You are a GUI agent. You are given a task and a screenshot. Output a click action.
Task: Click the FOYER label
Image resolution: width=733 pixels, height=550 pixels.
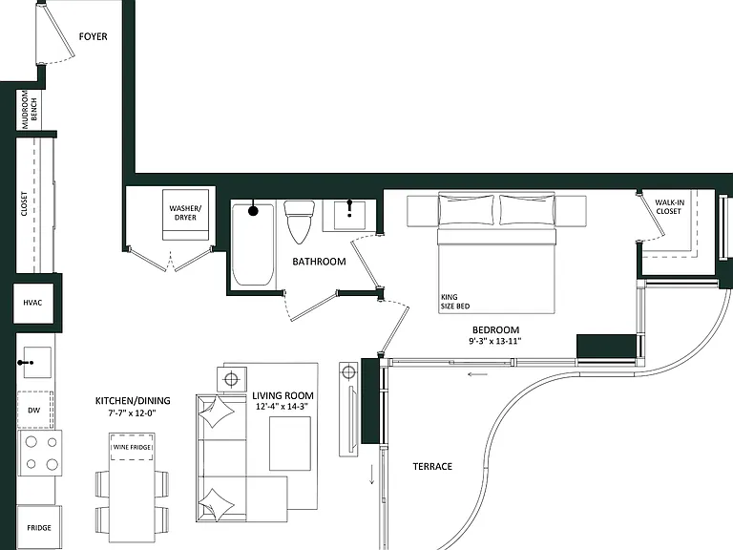click(x=93, y=36)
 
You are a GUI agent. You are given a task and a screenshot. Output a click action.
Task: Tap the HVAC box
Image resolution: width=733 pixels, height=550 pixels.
click(x=32, y=303)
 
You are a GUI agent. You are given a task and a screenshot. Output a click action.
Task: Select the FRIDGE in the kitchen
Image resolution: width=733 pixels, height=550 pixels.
click(x=39, y=527)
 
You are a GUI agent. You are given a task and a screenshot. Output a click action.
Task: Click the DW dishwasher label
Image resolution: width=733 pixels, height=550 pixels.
click(x=33, y=411)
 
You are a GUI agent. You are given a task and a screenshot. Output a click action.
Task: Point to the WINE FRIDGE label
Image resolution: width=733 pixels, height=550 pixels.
click(x=133, y=447)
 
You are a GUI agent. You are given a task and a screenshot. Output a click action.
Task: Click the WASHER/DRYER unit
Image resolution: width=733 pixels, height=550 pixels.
click(x=185, y=215)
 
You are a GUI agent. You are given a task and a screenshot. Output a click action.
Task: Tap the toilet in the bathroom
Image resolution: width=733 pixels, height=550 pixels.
click(x=299, y=222)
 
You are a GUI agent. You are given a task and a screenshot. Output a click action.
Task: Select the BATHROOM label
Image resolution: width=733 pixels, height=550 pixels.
click(x=320, y=262)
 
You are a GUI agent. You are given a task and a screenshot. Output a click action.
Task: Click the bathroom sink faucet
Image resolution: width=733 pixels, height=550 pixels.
click(x=349, y=208)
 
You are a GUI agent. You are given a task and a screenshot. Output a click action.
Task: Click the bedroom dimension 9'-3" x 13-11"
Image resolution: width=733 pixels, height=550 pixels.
click(x=495, y=341)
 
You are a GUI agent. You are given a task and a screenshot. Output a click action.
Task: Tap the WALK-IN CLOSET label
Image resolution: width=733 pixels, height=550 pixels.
click(x=669, y=206)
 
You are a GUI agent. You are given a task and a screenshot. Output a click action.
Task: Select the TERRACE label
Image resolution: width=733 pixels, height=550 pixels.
click(x=432, y=466)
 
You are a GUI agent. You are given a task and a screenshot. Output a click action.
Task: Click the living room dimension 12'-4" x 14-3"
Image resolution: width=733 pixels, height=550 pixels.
click(x=282, y=407)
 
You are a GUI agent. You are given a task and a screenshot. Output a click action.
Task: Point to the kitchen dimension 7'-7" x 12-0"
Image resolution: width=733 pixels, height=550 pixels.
click(x=133, y=412)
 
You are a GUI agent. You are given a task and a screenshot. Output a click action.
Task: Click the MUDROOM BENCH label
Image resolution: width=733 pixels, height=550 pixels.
click(x=29, y=110)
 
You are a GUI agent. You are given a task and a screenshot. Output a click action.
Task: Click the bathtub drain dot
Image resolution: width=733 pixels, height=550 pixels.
click(x=253, y=211)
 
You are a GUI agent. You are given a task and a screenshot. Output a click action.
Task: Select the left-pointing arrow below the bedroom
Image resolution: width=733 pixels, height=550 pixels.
click(x=478, y=374)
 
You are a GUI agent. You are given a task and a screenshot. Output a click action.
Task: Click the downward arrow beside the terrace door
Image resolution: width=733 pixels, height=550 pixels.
click(x=372, y=475)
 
